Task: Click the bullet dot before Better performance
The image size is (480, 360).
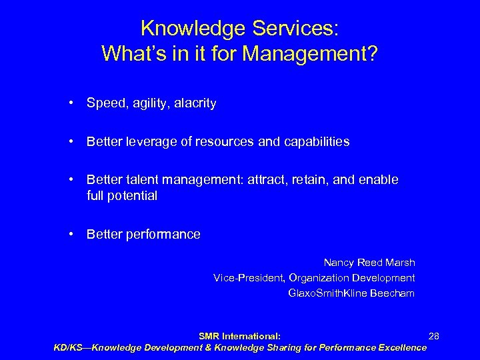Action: click(70, 235)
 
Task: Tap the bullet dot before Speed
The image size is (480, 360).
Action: click(70, 104)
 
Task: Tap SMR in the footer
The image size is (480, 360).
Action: click(210, 337)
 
